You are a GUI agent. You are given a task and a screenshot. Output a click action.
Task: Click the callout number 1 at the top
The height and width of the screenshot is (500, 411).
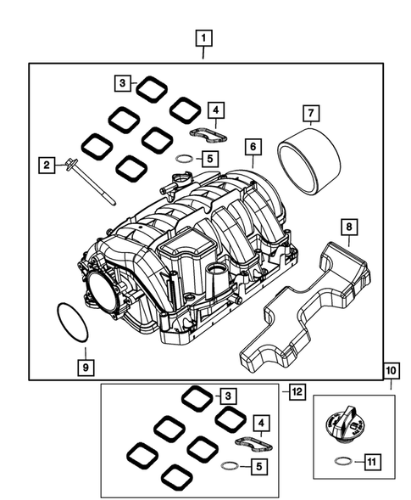(x=203, y=37)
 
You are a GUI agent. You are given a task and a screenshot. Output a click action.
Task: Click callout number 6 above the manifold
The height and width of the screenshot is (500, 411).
(x=252, y=147)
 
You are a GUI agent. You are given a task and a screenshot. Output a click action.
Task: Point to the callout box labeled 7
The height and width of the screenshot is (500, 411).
(x=310, y=111)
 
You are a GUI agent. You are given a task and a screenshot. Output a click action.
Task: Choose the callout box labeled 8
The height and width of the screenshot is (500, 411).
(x=347, y=227)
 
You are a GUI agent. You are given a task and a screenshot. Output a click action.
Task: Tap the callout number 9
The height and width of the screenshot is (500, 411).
(x=85, y=367)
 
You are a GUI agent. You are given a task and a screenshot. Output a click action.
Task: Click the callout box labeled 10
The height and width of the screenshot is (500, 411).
(x=391, y=373)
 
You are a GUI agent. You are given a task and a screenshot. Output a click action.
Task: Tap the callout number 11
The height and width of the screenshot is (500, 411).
(x=370, y=462)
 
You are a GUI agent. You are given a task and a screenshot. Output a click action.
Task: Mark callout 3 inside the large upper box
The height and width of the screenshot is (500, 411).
(x=124, y=82)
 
